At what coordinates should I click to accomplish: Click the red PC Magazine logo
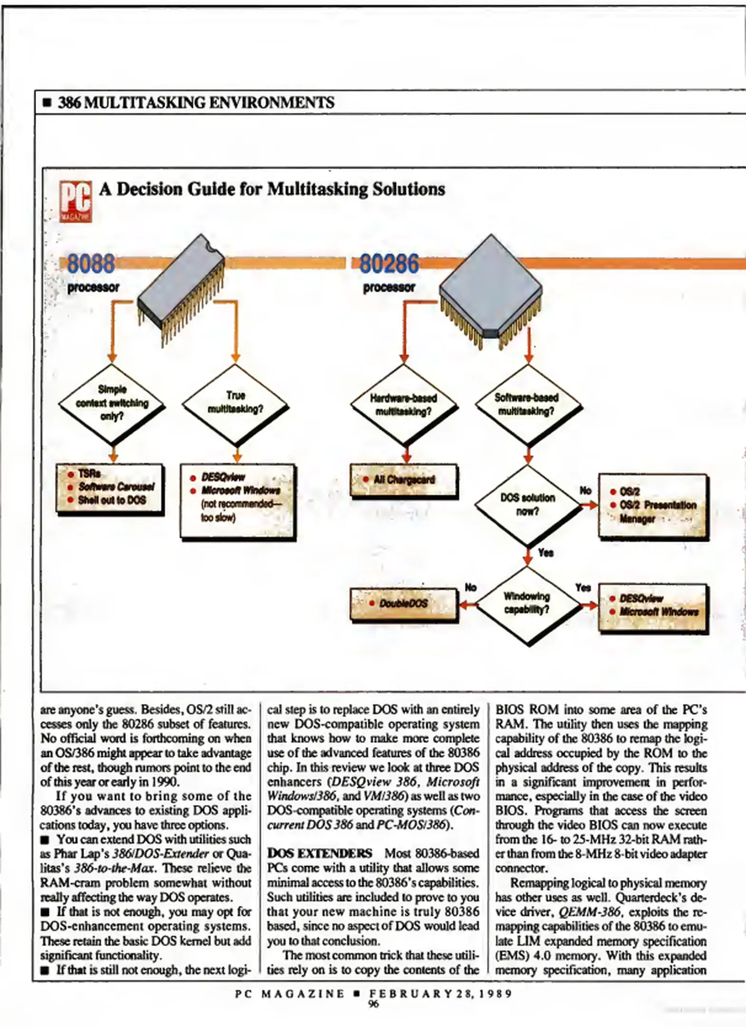point(75,202)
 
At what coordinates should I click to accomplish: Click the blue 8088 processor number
point(91,263)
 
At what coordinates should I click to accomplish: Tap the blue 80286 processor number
point(389,264)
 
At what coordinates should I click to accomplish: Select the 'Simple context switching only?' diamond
point(112,404)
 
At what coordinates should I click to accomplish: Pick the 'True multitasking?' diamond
point(236,403)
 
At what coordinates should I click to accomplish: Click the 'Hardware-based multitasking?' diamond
point(404,405)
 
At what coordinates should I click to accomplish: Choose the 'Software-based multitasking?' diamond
point(527,405)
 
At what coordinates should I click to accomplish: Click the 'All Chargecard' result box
point(404,480)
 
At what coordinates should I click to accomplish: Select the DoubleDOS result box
point(404,604)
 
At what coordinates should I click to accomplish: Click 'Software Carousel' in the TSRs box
point(116,487)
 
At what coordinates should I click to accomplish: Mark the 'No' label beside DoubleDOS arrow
point(470,588)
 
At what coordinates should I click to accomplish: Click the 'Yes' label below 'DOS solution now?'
point(546,552)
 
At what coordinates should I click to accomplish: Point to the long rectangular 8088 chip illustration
point(181,290)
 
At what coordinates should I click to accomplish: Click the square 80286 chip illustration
point(490,287)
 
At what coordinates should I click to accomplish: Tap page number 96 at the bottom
point(374,1004)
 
